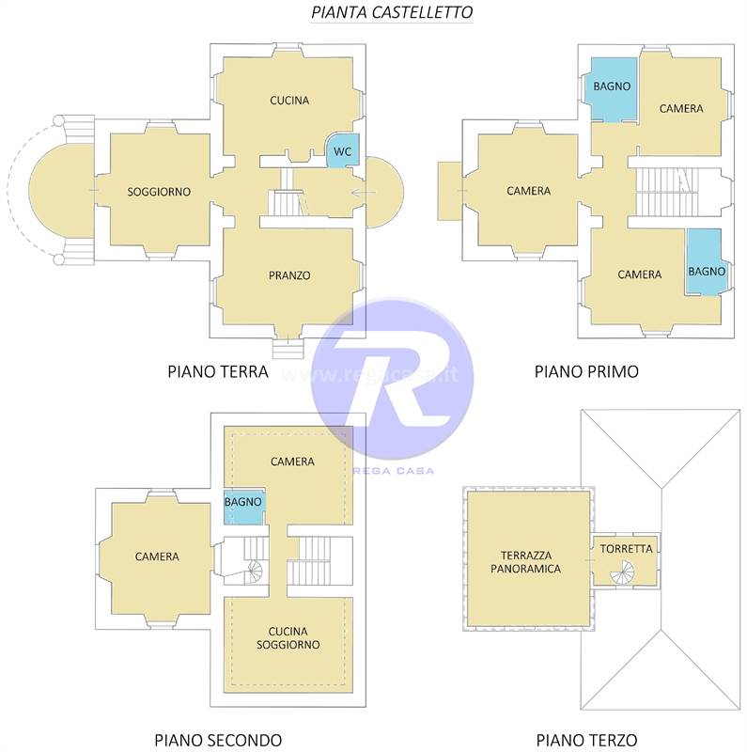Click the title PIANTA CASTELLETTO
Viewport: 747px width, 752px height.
pyautogui.click(x=392, y=12)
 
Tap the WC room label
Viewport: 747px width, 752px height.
pyautogui.click(x=342, y=151)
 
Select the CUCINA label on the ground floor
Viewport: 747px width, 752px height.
pyautogui.click(x=289, y=101)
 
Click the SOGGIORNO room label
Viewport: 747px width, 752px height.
pyautogui.click(x=159, y=192)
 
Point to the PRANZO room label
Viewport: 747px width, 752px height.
pyautogui.click(x=289, y=275)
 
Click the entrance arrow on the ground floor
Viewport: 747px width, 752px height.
pyautogui.click(x=363, y=193)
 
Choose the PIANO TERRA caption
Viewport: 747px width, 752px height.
pyautogui.click(x=218, y=371)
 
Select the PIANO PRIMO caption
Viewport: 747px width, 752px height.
pyautogui.click(x=586, y=371)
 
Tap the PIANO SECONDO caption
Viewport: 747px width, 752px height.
pyautogui.click(x=218, y=740)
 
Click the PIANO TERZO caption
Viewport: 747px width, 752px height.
pyautogui.click(x=586, y=740)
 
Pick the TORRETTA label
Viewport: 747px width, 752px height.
pyautogui.click(x=626, y=549)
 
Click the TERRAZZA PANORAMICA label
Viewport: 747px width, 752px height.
pyautogui.click(x=525, y=562)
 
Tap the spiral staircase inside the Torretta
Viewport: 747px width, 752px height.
pyautogui.click(x=622, y=572)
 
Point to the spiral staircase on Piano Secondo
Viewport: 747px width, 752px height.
pyautogui.click(x=255, y=572)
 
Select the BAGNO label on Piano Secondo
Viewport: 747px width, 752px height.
pyautogui.click(x=243, y=502)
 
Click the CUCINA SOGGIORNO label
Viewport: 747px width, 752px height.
pyautogui.click(x=288, y=638)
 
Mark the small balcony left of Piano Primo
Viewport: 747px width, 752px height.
pyautogui.click(x=450, y=192)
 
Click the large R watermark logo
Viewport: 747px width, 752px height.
pyautogui.click(x=392, y=379)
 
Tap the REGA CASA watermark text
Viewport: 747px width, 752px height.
pyautogui.click(x=394, y=471)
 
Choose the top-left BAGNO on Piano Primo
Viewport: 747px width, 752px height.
pyautogui.click(x=612, y=86)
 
